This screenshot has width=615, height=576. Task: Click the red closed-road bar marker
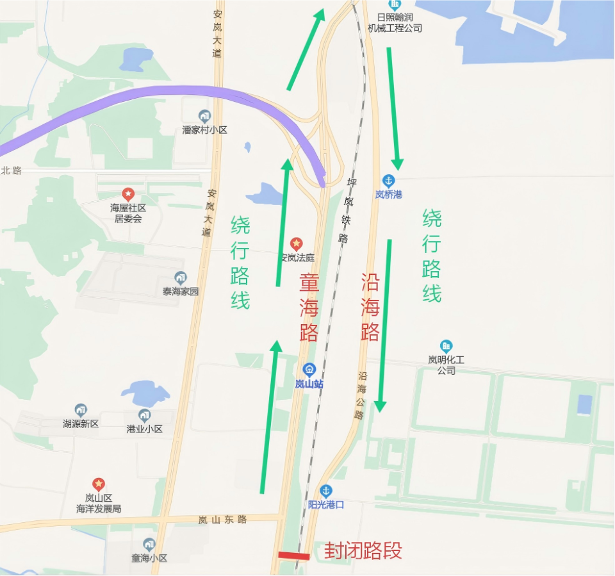pyautogui.click(x=294, y=555)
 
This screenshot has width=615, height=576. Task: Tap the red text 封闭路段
pyautogui.click(x=363, y=550)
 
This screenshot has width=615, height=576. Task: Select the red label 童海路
pyautogui.click(x=309, y=308)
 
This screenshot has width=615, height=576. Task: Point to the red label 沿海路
pyautogui.click(x=370, y=307)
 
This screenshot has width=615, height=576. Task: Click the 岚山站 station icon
pyautogui.click(x=309, y=370)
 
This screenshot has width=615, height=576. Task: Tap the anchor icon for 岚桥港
pyautogui.click(x=388, y=181)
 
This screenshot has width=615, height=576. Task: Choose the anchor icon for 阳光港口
pyautogui.click(x=326, y=491)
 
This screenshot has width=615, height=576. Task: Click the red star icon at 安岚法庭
pyautogui.click(x=296, y=243)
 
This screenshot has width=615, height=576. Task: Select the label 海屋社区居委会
pyautogui.click(x=128, y=213)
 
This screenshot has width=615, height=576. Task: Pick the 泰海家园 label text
pyautogui.click(x=181, y=292)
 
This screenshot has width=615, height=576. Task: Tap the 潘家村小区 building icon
pyautogui.click(x=204, y=116)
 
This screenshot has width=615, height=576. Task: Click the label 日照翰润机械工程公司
pyautogui.click(x=395, y=23)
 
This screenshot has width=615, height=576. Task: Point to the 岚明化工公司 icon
pyautogui.click(x=446, y=347)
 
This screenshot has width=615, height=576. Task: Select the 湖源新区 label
pyautogui.click(x=81, y=424)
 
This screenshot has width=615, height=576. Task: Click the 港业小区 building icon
pyautogui.click(x=145, y=415)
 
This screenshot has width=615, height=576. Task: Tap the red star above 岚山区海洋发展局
pyautogui.click(x=98, y=484)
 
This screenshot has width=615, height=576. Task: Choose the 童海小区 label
pyautogui.click(x=149, y=558)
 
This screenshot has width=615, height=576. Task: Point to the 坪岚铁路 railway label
pyautogui.click(x=347, y=211)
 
